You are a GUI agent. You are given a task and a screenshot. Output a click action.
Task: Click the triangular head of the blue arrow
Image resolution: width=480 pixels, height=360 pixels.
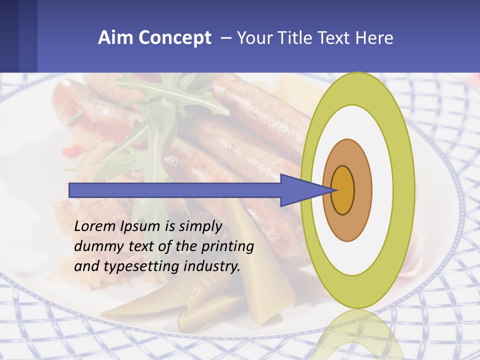pos(300,190)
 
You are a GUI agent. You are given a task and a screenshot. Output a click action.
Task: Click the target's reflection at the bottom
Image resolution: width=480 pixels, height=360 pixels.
pos(357,332)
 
